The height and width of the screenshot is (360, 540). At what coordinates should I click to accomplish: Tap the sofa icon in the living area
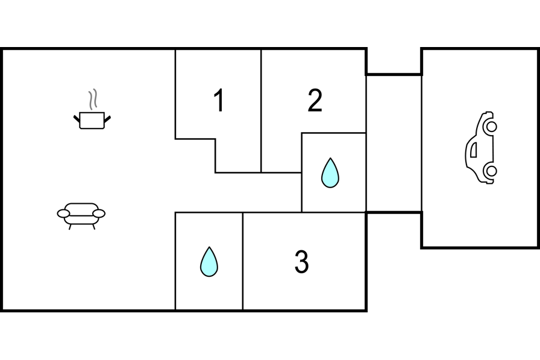tap(81, 214)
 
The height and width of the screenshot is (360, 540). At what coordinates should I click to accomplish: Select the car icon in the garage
tap(480, 148)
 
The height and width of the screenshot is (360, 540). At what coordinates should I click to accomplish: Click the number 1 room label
tap(219, 101)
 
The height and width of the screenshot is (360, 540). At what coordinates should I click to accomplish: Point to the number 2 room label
tap(315, 101)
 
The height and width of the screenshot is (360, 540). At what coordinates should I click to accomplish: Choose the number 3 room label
tap(301, 262)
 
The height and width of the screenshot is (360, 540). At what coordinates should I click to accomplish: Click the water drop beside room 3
tap(209, 262)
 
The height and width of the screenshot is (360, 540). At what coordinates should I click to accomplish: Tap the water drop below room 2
tap(330, 172)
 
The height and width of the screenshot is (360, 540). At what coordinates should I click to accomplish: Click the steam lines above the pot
tap(92, 99)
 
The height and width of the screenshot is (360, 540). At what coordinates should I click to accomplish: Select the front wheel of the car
tap(491, 127)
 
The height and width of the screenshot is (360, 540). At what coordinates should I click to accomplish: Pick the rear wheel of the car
tap(491, 171)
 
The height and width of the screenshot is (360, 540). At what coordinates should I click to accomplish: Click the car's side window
tap(474, 148)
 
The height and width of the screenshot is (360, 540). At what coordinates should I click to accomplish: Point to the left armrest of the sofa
tap(64, 213)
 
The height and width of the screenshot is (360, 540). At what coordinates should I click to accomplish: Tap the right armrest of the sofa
tap(98, 213)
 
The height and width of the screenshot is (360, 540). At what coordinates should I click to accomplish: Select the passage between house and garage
tap(394, 144)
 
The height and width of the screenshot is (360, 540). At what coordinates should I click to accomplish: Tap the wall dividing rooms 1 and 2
tap(261, 109)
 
